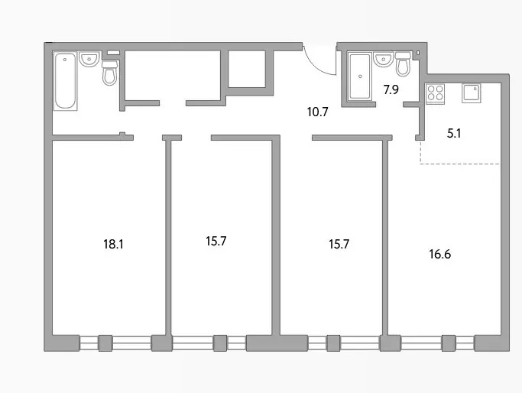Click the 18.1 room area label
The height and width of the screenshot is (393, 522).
[113, 244]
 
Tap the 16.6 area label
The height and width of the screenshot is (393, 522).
[439, 254]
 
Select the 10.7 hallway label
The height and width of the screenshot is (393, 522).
[318, 112]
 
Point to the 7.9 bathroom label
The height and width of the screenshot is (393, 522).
[391, 89]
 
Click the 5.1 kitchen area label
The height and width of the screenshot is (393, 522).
[454, 134]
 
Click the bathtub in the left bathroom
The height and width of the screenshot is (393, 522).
[65, 81]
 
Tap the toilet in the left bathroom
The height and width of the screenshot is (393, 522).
[109, 73]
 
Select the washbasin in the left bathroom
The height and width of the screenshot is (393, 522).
[89, 59]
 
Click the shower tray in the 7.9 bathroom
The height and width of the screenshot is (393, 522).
[359, 76]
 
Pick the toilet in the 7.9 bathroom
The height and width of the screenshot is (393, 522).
[403, 63]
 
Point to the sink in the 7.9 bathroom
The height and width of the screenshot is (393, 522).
[384, 59]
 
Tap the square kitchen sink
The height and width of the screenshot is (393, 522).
[471, 93]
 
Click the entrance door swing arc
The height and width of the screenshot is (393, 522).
[317, 66]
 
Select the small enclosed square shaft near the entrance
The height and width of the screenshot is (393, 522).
[247, 69]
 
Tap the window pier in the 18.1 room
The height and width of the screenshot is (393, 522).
[105, 343]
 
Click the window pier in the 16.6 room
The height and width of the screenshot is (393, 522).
[449, 343]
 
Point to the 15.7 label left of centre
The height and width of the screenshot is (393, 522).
[216, 241]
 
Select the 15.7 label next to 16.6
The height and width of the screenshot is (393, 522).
[339, 244]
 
